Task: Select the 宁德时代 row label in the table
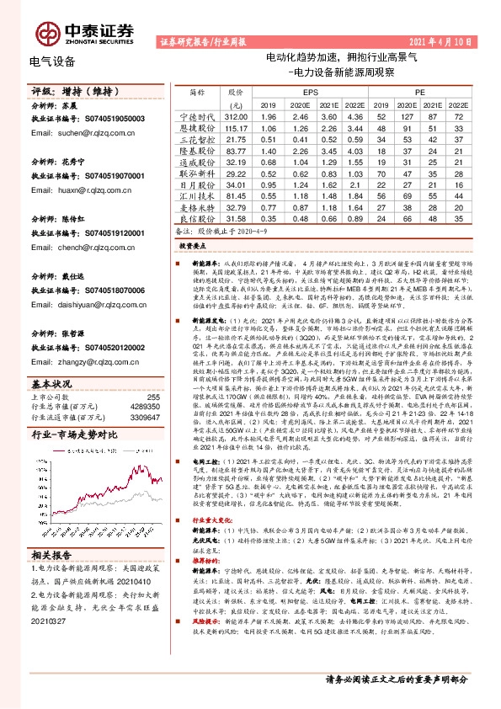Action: point(199,115)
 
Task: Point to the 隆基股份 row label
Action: point(199,150)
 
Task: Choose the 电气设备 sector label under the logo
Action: point(52,61)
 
